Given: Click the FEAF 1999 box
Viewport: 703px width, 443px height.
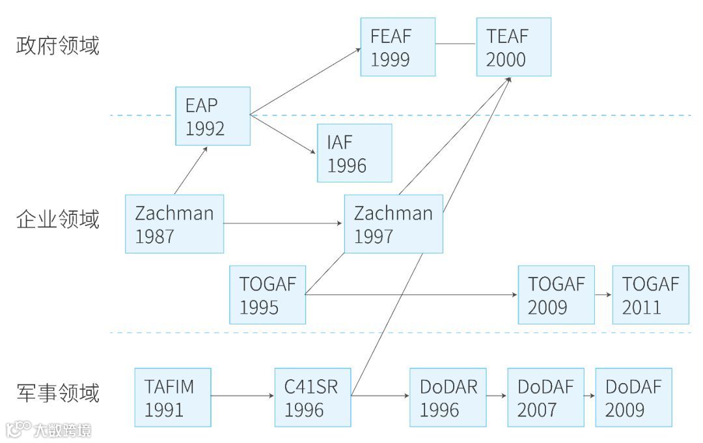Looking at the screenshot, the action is (x=398, y=47).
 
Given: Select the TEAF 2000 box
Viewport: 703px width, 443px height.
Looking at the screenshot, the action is (x=514, y=47).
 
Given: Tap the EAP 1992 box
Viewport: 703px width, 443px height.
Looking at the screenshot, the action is (x=213, y=116).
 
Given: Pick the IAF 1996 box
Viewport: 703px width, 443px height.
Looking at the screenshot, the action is (x=355, y=153).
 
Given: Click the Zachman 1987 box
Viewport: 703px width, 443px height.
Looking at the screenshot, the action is (x=174, y=223).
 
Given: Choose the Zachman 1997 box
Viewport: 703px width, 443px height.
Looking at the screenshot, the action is (x=393, y=223).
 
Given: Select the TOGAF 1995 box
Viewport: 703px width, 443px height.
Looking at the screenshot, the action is (x=268, y=294).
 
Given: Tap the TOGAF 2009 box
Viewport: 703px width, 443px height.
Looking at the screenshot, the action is (x=557, y=294).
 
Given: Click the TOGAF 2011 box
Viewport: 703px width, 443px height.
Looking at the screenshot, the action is (x=650, y=294).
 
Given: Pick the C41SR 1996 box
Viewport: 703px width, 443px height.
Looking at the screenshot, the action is (x=312, y=397).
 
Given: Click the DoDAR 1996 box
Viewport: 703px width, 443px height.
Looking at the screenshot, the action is (x=448, y=397).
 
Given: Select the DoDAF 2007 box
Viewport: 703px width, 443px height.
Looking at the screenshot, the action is (x=545, y=397).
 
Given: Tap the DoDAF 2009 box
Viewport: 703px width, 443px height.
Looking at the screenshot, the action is (x=633, y=397).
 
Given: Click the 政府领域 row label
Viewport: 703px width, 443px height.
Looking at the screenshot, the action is (x=58, y=46).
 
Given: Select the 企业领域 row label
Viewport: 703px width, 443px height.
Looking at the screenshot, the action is (x=58, y=220).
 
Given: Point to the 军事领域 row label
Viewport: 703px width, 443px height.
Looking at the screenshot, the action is (x=58, y=393).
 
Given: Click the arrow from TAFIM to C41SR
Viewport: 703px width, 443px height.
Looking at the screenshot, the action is (x=242, y=395).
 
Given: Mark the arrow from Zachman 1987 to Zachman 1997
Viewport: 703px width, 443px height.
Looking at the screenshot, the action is (x=284, y=223).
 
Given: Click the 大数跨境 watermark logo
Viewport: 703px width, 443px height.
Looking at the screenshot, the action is (x=49, y=429).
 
